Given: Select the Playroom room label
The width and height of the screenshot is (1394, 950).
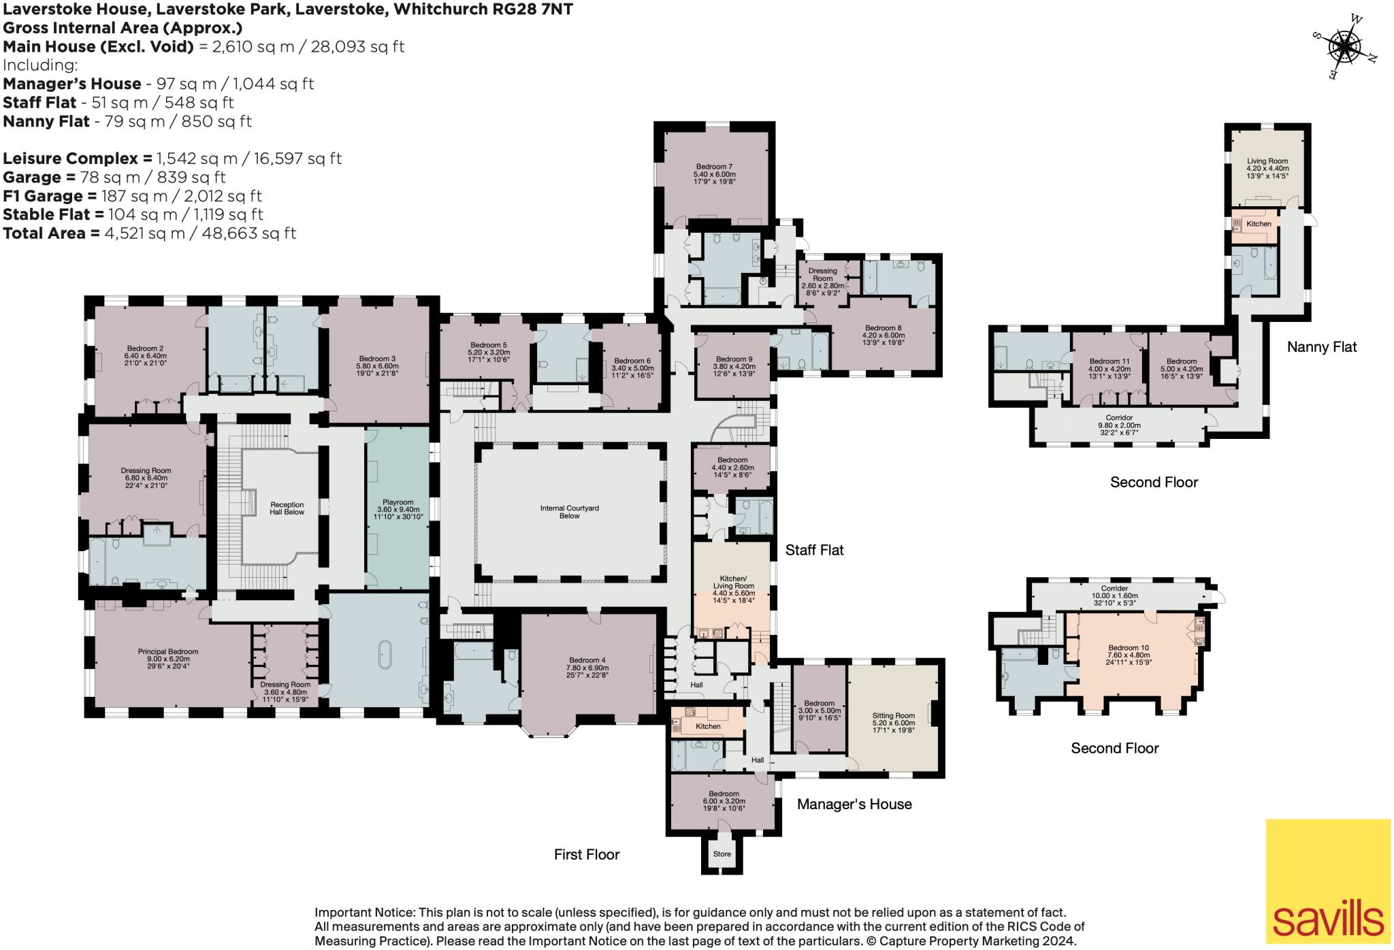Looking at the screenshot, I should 398,509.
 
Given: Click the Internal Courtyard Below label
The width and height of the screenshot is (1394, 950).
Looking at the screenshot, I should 569,512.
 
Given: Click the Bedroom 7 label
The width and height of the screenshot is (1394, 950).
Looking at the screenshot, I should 714,170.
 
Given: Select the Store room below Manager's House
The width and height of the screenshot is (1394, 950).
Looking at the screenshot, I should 722,853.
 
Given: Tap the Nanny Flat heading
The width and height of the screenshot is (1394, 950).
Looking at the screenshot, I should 1321,347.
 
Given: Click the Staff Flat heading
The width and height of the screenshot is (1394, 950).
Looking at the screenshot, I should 814,550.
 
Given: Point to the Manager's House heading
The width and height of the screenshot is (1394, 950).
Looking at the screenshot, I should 854,804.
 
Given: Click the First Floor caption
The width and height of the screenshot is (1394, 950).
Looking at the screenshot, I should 586,854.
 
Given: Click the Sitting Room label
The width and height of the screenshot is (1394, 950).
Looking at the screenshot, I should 893,719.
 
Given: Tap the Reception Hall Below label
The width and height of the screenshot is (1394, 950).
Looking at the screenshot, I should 285,508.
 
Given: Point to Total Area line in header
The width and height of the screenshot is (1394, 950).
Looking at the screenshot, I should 150,233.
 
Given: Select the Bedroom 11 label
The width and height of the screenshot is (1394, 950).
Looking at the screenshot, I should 1109,365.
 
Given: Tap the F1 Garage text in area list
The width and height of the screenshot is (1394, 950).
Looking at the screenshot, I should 41,196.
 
